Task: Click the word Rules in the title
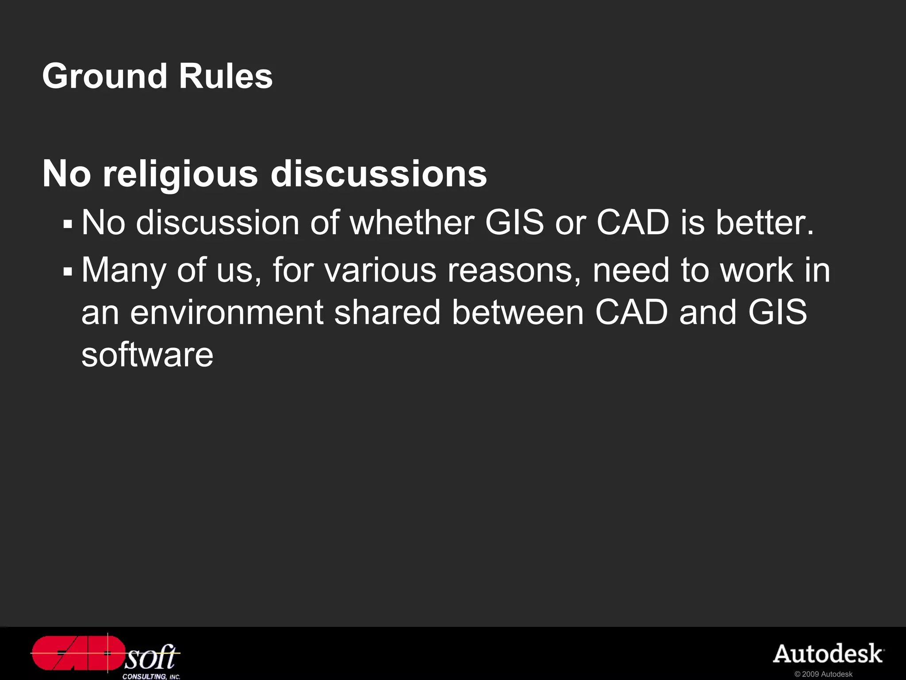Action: point(226,76)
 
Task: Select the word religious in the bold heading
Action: point(180,174)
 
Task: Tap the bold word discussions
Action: point(379,174)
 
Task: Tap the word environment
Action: point(227,313)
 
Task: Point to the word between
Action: point(518,313)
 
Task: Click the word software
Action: point(147,355)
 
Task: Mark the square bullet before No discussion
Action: point(68,224)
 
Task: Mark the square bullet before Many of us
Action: point(68,271)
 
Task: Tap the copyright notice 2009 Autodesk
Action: point(823,674)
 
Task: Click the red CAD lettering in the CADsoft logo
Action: point(77,653)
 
